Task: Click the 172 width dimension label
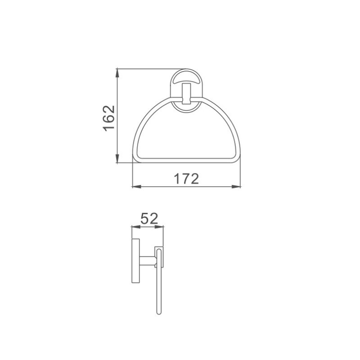pyautogui.click(x=186, y=179)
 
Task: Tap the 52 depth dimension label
pyautogui.click(x=149, y=218)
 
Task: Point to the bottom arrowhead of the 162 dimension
pyautogui.click(x=117, y=158)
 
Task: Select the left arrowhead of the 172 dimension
pyautogui.click(x=137, y=187)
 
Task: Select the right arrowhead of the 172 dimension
pyautogui.click(x=236, y=187)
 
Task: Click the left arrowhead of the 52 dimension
pyautogui.click(x=136, y=227)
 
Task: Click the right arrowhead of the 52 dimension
pyautogui.click(x=159, y=227)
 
